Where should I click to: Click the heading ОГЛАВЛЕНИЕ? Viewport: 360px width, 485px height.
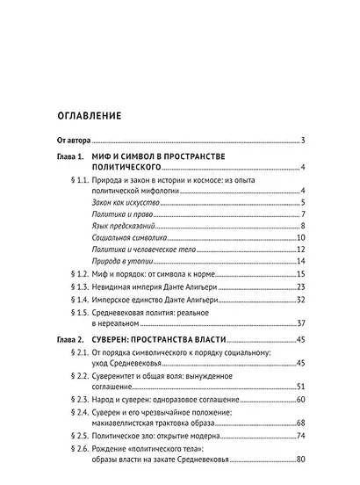click(88, 115)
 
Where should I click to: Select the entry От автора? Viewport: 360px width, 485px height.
click(74, 141)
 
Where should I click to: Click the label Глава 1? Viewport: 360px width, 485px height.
click(70, 156)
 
